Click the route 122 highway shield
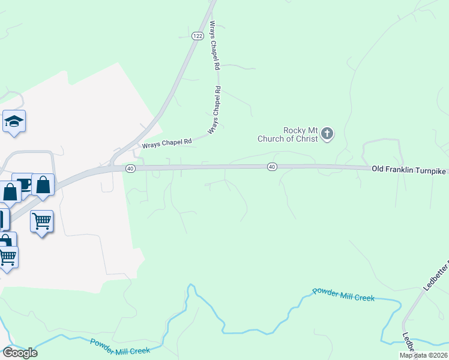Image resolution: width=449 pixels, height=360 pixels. (197, 36)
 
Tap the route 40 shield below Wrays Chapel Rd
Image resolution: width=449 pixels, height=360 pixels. (130, 169)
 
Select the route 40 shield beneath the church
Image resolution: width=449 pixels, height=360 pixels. (272, 166)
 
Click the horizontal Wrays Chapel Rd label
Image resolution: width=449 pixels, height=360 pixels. (166, 143)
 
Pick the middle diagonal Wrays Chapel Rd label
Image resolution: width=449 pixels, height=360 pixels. (214, 110)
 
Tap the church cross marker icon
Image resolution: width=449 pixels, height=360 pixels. (327, 133)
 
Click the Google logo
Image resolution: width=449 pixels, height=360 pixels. (19, 353)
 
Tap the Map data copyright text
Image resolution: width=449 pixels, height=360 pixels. (423, 355)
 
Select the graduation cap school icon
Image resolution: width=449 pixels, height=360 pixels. (14, 122)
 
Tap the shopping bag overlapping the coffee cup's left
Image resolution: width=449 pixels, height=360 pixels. (10, 193)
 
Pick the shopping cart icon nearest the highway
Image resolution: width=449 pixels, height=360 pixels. (41, 221)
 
